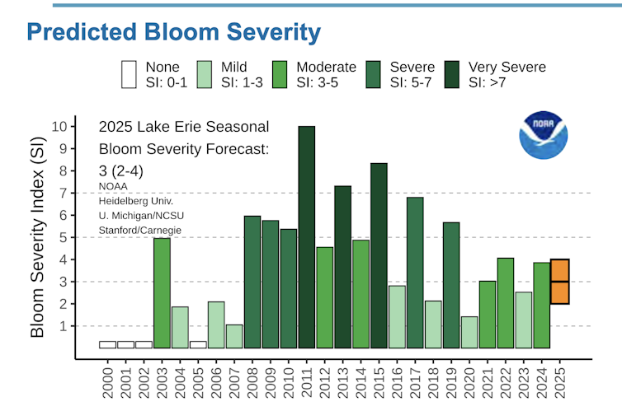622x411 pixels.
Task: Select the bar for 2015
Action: click(x=379, y=255)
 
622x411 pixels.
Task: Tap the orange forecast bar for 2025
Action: click(x=559, y=282)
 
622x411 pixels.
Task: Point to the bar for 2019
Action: click(x=451, y=285)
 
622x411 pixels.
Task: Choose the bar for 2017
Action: click(x=415, y=273)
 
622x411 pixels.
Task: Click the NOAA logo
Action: click(x=543, y=135)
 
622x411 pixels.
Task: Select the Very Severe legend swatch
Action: click(x=453, y=73)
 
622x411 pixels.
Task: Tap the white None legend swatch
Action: click(x=128, y=73)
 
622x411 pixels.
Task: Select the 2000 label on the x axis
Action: click(x=108, y=385)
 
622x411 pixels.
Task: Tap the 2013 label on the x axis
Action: click(x=343, y=385)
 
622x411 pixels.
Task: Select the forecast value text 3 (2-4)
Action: click(x=120, y=170)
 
